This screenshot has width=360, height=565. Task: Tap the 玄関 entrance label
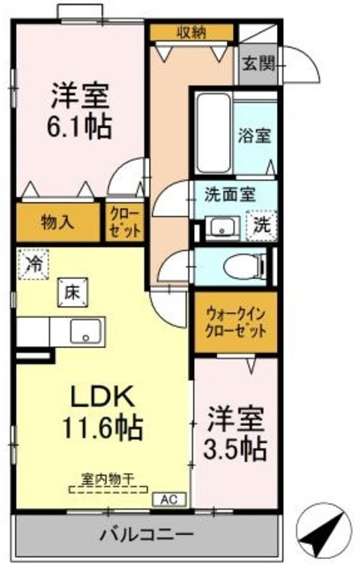click(259, 64)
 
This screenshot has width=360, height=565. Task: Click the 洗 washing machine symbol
click(261, 224)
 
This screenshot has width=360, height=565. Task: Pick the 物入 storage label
click(57, 222)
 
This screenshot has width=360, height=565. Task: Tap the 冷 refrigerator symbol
click(33, 263)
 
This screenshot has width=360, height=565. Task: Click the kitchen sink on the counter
click(86, 331)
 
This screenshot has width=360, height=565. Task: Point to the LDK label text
click(97, 395)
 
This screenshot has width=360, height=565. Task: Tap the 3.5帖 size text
click(236, 448)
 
